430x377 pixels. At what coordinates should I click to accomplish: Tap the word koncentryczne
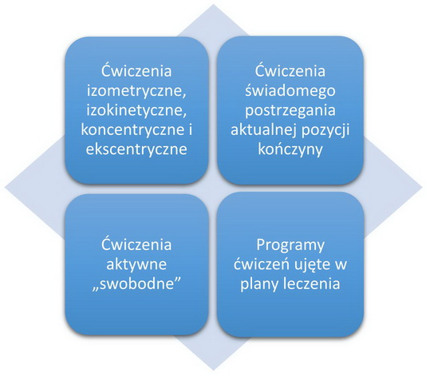pos(132,129)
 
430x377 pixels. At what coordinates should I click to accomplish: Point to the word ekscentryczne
pos(136,149)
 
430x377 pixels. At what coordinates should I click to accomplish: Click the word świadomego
pos(290,91)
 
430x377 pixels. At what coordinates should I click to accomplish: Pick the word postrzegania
pos(290,110)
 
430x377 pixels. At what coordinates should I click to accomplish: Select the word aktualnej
pos(263,129)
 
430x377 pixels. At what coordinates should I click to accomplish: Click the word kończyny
pos(290,150)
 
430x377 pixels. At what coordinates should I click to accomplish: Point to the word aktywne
pos(136,264)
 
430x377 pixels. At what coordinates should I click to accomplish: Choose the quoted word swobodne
pos(136,284)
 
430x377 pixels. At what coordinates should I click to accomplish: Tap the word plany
pos(258,284)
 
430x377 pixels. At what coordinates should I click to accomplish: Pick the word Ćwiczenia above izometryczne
pos(136,70)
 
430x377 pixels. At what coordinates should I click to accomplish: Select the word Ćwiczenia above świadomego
pos(290,70)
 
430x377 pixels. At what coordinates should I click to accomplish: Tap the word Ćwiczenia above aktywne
pos(136,244)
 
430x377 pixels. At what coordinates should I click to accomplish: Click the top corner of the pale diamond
pos(213,5)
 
